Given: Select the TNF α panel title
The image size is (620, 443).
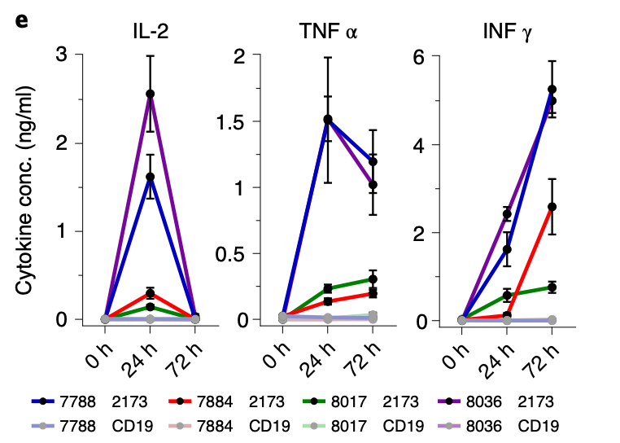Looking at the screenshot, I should [x=328, y=33].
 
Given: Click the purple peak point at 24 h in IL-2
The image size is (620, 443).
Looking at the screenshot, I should [x=150, y=94].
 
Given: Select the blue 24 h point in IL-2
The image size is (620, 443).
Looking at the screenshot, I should [x=150, y=177].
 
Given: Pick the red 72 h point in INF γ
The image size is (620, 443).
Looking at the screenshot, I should [x=552, y=207].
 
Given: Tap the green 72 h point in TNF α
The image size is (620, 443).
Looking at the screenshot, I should [x=373, y=279].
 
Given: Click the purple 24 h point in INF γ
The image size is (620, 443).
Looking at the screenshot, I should [x=507, y=214].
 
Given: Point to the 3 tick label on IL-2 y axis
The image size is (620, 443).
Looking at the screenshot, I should [x=62, y=55].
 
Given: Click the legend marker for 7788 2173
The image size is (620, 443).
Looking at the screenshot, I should [x=43, y=401].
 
